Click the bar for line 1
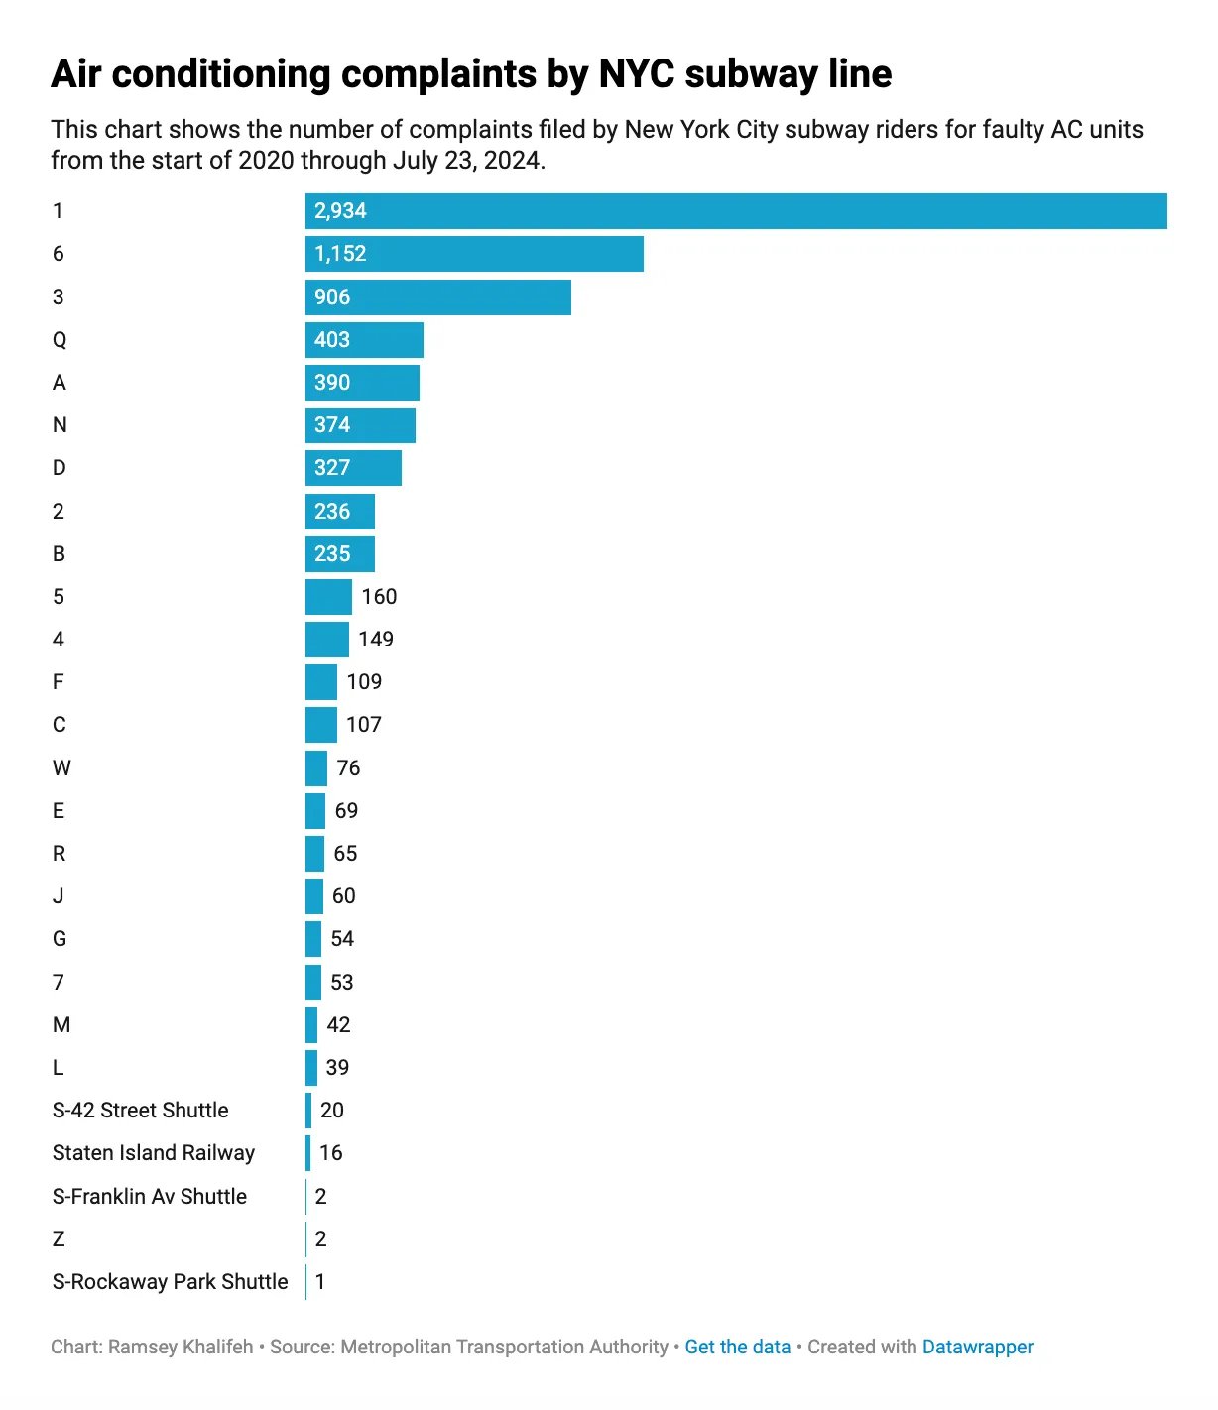(735, 211)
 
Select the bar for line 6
(474, 254)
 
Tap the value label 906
(332, 297)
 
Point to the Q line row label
(60, 340)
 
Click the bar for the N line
(360, 425)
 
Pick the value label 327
(332, 468)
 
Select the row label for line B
(59, 554)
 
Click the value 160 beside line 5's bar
(379, 597)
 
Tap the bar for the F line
(321, 682)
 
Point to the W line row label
(61, 768)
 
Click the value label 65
(345, 854)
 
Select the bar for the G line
(313, 939)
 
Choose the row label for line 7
(59, 983)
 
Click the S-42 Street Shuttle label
(140, 1111)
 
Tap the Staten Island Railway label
(154, 1153)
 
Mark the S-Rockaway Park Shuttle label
(170, 1282)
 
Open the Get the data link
(737, 1347)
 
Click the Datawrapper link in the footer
(977, 1347)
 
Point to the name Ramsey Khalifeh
(181, 1347)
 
